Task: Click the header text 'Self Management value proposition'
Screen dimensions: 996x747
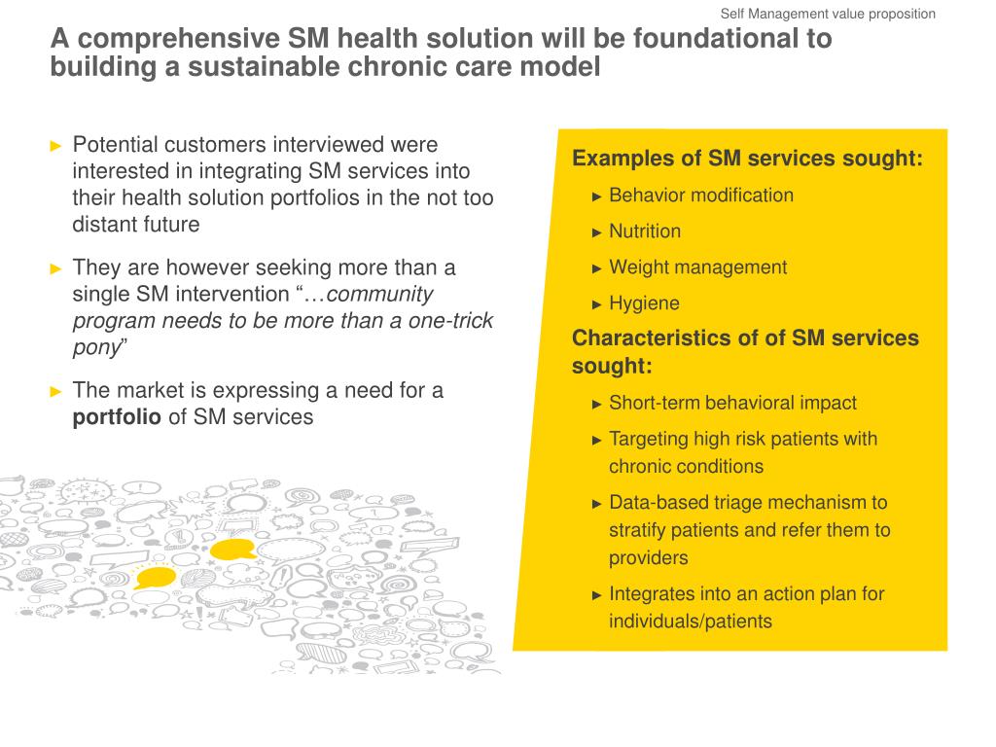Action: click(828, 14)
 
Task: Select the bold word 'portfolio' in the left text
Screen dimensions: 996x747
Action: click(117, 417)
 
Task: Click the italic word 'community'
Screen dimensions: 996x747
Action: click(380, 294)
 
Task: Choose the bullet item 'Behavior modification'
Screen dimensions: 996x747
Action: click(700, 196)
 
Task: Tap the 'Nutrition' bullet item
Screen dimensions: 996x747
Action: click(645, 231)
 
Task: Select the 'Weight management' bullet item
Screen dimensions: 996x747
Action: click(697, 267)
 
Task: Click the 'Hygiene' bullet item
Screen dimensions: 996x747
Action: click(644, 303)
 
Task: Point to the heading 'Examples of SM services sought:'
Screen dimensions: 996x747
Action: click(747, 159)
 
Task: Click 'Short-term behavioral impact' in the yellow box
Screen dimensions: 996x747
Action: click(732, 403)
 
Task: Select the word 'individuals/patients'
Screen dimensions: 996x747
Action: click(690, 622)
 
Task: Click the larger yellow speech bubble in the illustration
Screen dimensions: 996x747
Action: click(233, 551)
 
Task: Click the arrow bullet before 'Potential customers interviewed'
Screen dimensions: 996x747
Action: click(55, 146)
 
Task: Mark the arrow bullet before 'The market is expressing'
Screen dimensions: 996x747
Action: click(55, 391)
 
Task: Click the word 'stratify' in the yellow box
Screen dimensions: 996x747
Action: click(641, 530)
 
